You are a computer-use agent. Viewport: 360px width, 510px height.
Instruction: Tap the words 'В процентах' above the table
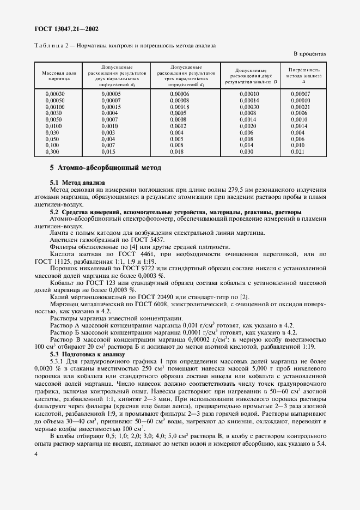pos(310,54)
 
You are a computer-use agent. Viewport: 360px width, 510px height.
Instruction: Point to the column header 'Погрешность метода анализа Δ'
pos(304,76)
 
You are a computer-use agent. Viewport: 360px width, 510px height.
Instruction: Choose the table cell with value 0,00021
pos(300,107)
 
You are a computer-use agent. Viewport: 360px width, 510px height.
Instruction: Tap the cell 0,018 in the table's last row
pos(176,151)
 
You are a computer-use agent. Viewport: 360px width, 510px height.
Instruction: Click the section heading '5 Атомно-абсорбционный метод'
pos(106,168)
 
